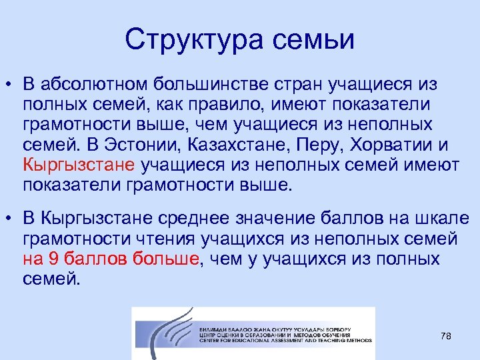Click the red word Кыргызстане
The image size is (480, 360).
tap(79, 165)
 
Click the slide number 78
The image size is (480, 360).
tap(446, 337)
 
